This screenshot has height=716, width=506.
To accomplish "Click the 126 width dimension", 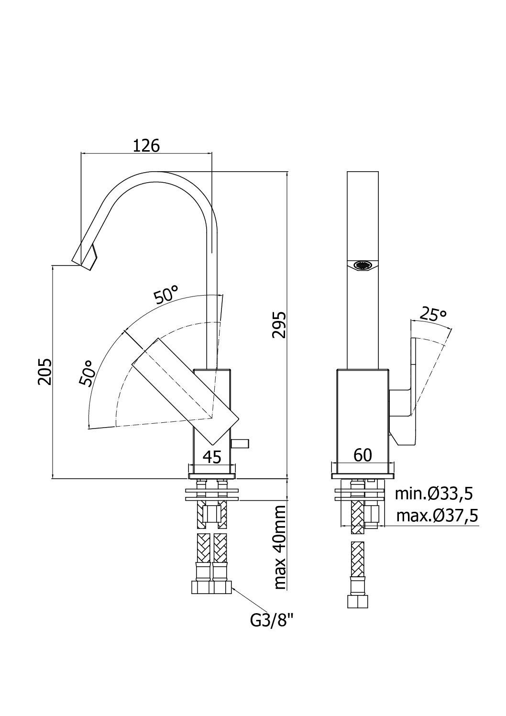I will click(146, 145).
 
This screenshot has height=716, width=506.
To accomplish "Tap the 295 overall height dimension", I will click(279, 325).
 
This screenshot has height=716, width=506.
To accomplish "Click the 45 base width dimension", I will click(212, 457).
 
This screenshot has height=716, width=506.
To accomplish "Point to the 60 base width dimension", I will click(363, 455).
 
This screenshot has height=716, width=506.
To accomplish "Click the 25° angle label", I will click(433, 315).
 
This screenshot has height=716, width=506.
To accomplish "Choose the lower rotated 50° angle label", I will click(87, 372).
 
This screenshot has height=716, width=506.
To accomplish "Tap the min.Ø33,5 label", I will click(437, 493).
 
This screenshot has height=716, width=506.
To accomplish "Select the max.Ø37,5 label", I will click(437, 516).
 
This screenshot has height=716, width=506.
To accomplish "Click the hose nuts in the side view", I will click(212, 587).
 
